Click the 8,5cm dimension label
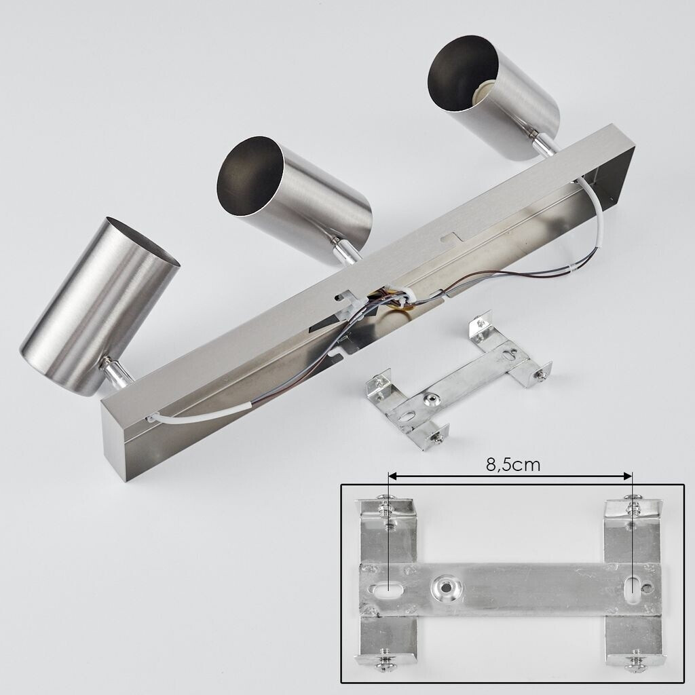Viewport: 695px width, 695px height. (513, 464)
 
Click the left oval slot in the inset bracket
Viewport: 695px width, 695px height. (388, 590)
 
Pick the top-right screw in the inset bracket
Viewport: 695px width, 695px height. (633, 504)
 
